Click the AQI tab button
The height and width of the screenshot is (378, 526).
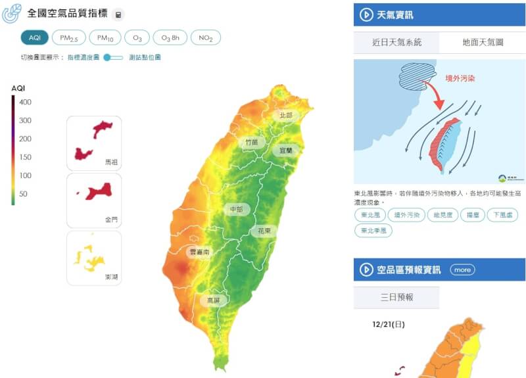pos(34,38)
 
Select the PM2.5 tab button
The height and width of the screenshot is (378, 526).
pos(68,38)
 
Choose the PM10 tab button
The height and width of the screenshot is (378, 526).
pos(105,38)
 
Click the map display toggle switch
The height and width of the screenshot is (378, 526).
pos(113,57)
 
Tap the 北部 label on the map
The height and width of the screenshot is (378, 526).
pos(286,115)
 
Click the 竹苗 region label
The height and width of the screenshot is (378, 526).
pos(251,142)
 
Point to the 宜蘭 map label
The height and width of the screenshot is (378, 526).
pos(286,150)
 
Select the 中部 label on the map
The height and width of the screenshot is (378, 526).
pos(235,210)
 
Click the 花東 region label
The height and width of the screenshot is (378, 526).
pos(263,231)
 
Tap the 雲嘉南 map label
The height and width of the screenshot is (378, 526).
pos(199,252)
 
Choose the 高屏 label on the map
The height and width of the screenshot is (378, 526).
pos(214,300)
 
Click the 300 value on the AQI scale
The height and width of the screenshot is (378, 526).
pos(26,120)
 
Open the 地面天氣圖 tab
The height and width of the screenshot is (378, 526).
pos(482,42)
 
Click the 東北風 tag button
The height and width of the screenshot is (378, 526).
pos(370,215)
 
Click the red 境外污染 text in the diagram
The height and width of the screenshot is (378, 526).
pos(460,78)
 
